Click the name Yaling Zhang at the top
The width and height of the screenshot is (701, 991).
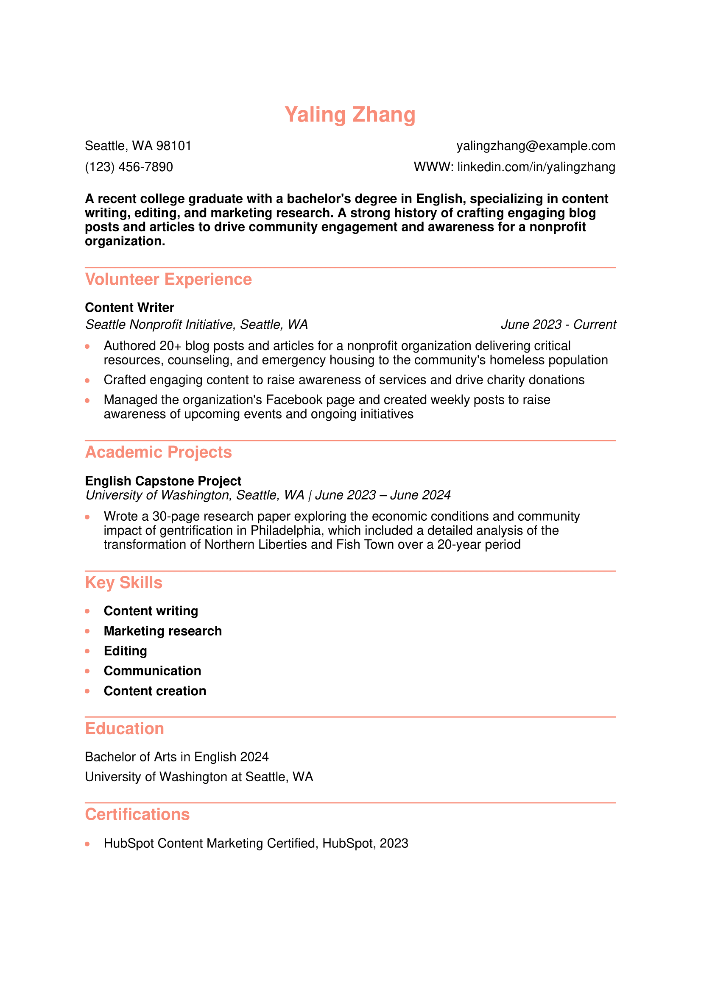[350, 115]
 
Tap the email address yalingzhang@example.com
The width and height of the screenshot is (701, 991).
[536, 146]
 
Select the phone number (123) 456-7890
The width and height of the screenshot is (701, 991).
[129, 167]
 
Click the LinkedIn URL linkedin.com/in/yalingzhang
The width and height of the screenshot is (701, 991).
[536, 167]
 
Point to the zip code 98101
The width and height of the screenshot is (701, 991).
[173, 146]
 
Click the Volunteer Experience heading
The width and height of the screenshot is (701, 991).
[168, 279]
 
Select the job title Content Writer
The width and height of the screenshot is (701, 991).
[130, 307]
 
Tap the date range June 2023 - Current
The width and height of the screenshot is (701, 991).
[558, 325]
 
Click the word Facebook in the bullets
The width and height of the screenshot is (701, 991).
[294, 400]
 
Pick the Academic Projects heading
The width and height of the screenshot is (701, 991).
[158, 452]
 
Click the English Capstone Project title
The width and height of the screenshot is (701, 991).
[163, 481]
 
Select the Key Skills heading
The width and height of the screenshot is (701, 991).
[123, 583]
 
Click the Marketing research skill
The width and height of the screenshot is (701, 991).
[162, 631]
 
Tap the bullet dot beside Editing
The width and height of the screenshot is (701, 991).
[87, 651]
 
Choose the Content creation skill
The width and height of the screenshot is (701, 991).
[155, 691]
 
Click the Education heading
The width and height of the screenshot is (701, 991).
[124, 729]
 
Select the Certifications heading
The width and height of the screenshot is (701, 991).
[137, 814]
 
